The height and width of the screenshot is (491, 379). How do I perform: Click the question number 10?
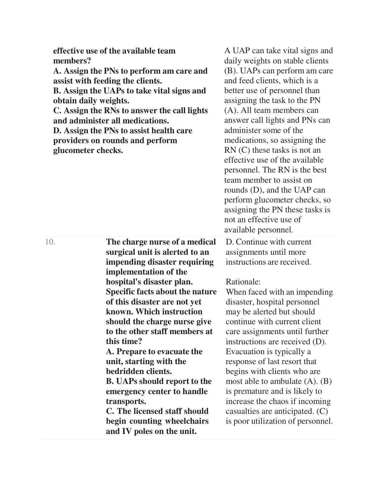[50, 242]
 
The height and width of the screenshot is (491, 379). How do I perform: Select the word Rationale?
[243, 282]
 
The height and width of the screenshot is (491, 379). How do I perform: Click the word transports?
[126, 401]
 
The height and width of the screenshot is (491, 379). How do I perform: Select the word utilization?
[271, 421]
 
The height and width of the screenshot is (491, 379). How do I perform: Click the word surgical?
[123, 252]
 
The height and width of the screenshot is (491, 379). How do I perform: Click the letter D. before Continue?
[230, 242]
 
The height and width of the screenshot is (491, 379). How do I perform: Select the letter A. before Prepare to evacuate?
[110, 352]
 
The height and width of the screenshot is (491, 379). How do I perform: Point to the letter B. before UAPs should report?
[110, 381]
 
